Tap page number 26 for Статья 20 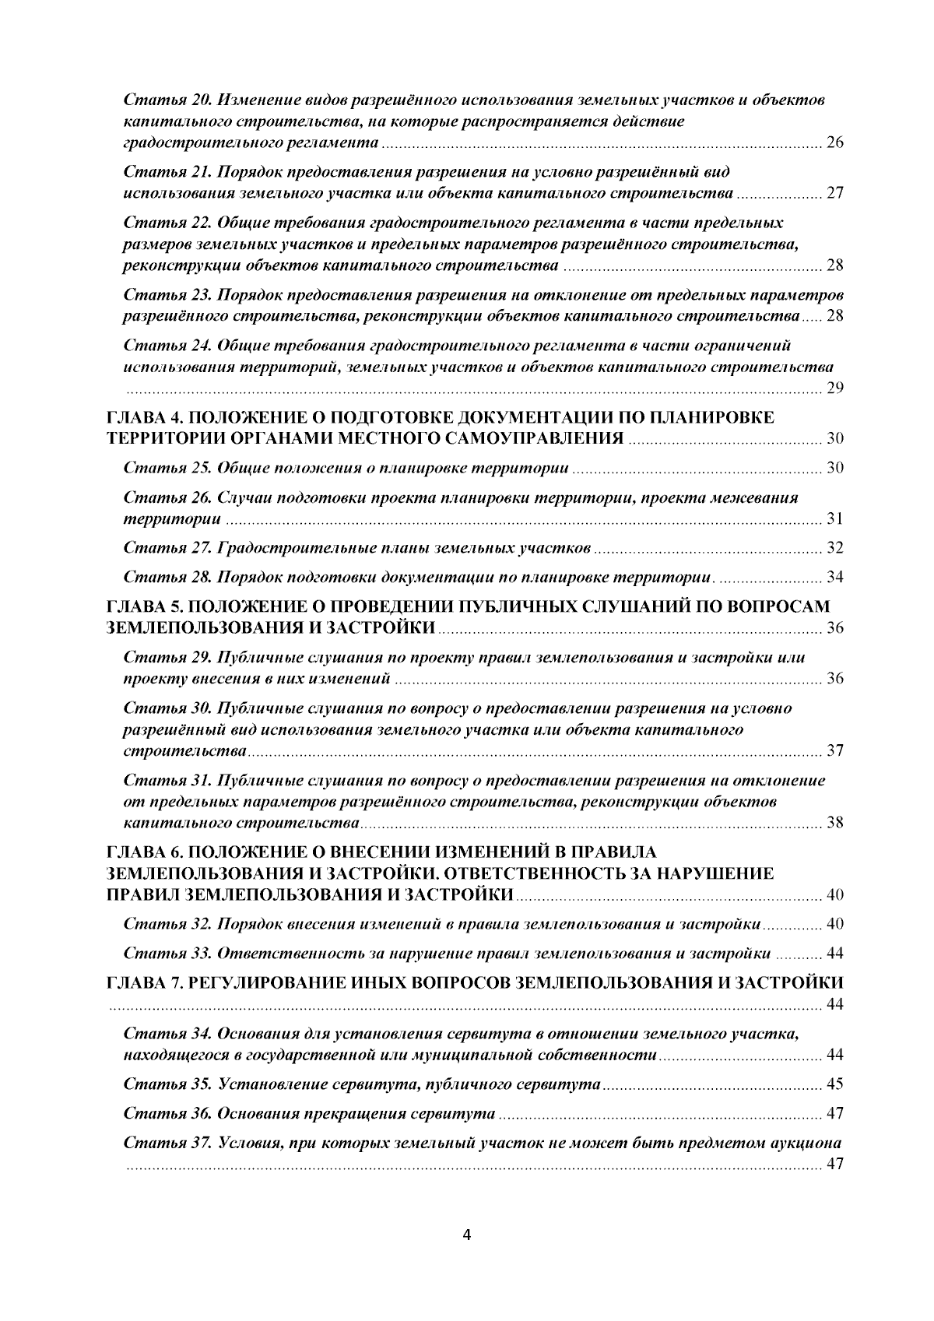[x=834, y=144]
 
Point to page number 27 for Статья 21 [x=834, y=194]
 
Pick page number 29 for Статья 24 [x=834, y=389]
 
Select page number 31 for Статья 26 [x=834, y=519]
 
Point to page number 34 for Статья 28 [x=834, y=578]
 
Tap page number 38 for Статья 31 [x=834, y=824]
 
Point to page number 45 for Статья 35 [x=834, y=1084]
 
